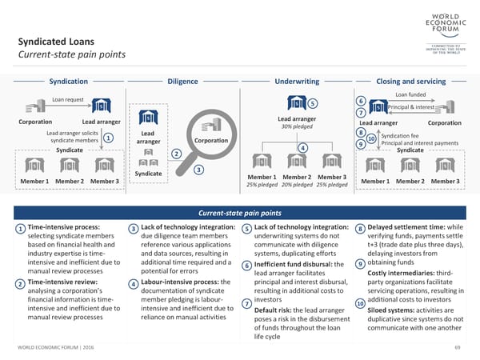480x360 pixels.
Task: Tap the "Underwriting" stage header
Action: point(297,82)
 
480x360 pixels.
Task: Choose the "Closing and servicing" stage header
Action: point(410,82)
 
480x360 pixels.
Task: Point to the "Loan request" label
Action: point(68,99)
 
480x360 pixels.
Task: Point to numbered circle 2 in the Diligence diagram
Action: point(176,154)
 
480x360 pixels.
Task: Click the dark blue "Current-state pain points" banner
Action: point(240,213)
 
